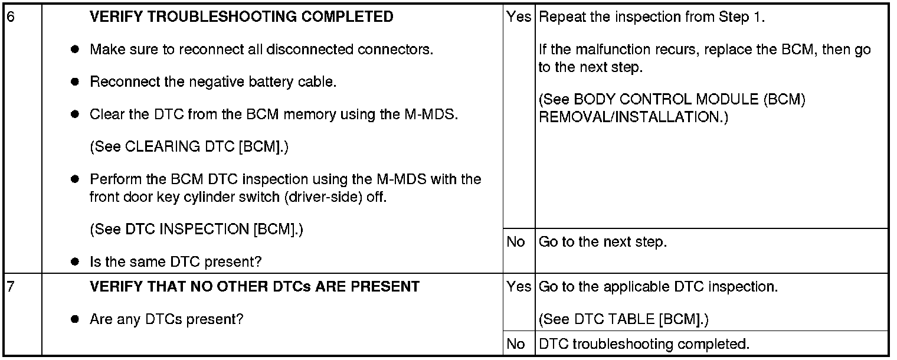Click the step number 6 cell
[x=22, y=139]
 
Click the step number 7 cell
[x=22, y=314]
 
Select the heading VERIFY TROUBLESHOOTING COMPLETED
[x=241, y=17]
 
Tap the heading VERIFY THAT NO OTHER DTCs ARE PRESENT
[x=254, y=287]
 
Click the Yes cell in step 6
[x=519, y=116]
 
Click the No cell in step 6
[x=519, y=251]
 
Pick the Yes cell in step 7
[x=519, y=302]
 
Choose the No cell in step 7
[x=519, y=343]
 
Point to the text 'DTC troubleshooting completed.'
[x=644, y=344]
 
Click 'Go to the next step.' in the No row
[x=603, y=242]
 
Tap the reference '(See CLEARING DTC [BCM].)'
[x=189, y=146]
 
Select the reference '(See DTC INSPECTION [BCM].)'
[x=197, y=229]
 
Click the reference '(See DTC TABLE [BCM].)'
[x=624, y=319]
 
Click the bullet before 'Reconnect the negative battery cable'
[x=74, y=81]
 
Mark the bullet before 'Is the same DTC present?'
[x=74, y=262]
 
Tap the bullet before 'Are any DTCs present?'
[x=74, y=319]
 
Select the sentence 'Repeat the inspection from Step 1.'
[x=652, y=17]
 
